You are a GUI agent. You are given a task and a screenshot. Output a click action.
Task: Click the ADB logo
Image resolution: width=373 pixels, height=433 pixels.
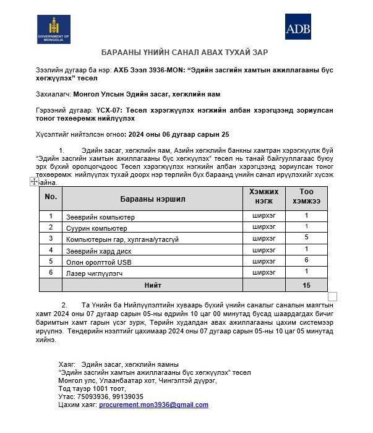(x=298, y=27)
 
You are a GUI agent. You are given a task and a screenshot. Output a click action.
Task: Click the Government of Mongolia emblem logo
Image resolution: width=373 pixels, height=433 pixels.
(x=53, y=29)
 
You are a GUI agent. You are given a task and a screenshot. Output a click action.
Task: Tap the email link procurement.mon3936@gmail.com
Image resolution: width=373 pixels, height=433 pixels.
(x=153, y=405)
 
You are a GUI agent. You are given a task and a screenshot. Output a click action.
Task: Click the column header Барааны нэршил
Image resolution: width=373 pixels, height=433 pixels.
(x=152, y=199)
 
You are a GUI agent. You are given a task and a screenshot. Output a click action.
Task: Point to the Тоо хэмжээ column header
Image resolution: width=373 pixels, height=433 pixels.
(x=306, y=198)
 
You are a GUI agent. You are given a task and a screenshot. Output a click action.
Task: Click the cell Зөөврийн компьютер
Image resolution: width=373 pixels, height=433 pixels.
(x=100, y=217)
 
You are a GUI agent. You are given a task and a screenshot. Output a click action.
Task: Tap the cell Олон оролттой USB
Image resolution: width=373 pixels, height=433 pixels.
(x=98, y=262)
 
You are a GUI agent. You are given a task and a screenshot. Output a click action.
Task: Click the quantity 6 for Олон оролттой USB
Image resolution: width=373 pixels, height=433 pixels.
(x=306, y=260)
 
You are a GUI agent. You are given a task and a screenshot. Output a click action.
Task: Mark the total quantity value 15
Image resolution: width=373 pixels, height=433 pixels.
(x=306, y=285)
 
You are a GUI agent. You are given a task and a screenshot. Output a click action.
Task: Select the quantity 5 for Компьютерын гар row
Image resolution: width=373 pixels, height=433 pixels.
(x=306, y=238)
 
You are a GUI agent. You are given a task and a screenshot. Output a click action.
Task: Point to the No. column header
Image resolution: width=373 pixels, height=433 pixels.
(x=51, y=197)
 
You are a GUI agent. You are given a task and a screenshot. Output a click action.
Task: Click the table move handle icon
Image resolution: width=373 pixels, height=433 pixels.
(x=34, y=181)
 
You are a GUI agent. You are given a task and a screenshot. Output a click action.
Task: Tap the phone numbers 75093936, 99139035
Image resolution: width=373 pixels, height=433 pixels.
(x=109, y=397)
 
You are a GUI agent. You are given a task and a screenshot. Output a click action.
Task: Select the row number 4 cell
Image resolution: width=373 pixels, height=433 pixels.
(x=51, y=251)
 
